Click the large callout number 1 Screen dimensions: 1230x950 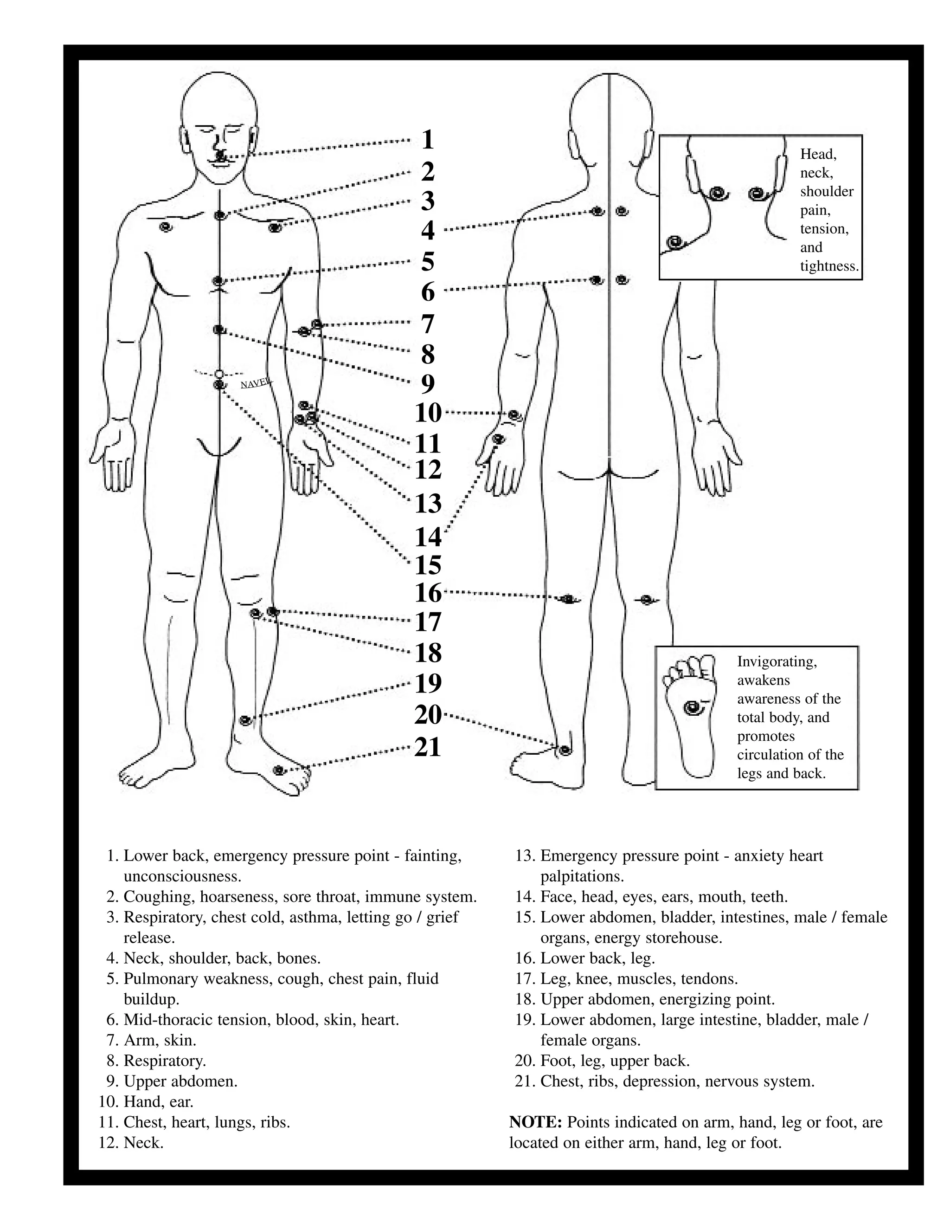point(428,140)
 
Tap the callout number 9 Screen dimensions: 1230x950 point(428,384)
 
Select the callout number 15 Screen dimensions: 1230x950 point(428,565)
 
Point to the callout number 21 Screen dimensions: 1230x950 point(428,747)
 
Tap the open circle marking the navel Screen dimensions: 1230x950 point(219,373)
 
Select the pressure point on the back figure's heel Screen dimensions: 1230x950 point(565,750)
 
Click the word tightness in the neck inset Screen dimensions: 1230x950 point(829,266)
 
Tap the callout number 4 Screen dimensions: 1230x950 point(428,230)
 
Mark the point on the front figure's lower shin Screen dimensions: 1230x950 point(245,720)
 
